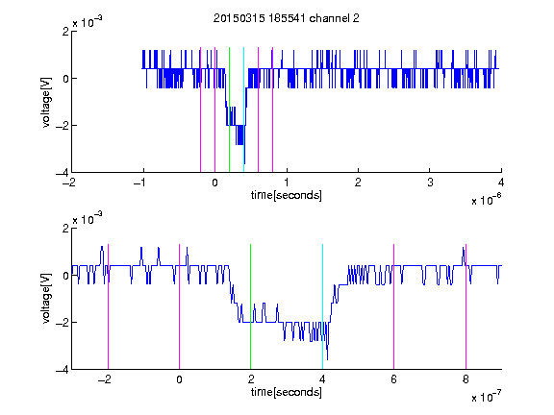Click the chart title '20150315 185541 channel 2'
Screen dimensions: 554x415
(287, 18)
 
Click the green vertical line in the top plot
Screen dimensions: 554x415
(229, 110)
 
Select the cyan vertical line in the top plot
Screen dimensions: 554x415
(243, 110)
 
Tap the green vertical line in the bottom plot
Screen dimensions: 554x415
(250, 306)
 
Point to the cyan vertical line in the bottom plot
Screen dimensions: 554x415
(322, 306)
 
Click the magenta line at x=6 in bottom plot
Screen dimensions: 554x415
(394, 306)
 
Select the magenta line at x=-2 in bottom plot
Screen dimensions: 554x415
(108, 306)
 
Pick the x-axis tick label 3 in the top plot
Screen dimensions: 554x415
(430, 183)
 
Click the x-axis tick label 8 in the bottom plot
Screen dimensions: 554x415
(466, 379)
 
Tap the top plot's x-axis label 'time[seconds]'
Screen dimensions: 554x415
(287, 195)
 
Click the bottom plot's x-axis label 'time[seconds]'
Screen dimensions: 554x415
(287, 392)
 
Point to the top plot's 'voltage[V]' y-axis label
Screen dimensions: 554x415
(46, 102)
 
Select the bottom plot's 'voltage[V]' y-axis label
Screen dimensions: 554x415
(46, 299)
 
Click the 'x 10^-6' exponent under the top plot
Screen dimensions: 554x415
(487, 200)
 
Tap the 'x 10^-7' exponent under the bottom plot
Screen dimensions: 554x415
(487, 397)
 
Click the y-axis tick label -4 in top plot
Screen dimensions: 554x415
(63, 173)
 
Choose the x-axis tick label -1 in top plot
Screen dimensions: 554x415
(140, 183)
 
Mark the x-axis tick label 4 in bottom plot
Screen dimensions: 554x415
(322, 379)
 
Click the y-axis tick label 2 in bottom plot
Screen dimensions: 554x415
(65, 228)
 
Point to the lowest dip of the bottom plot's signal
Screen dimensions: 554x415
(328, 359)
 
